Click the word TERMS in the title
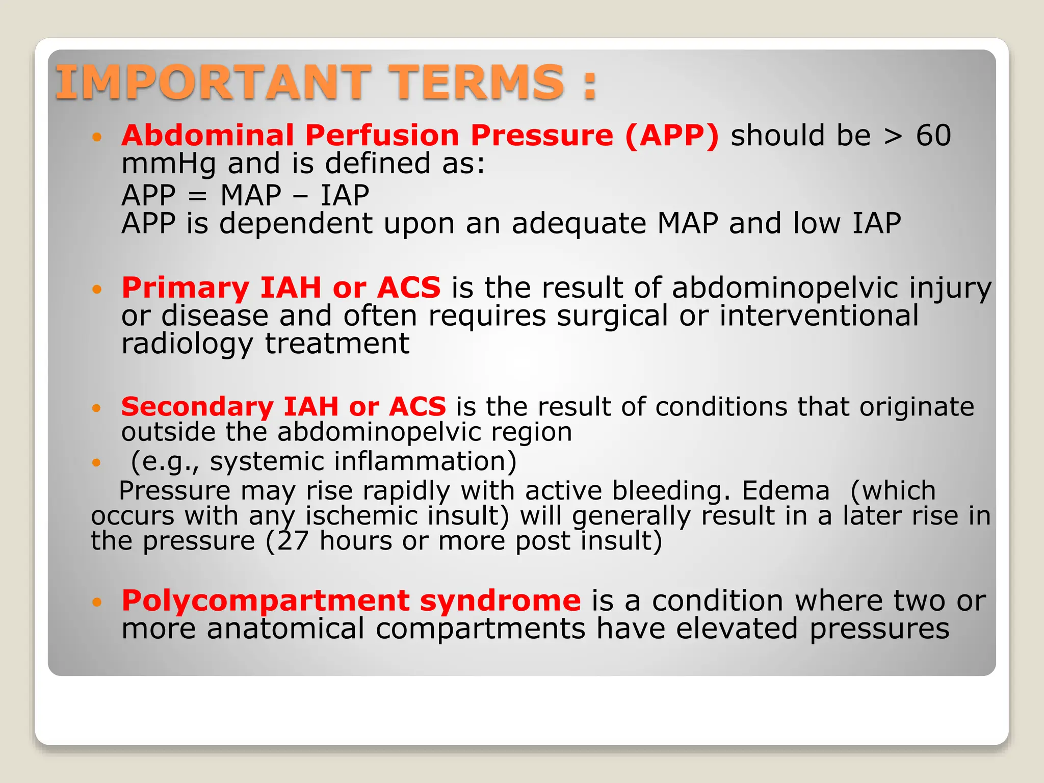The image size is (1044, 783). click(478, 82)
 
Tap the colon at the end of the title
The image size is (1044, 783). click(590, 86)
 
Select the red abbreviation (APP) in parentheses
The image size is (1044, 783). click(672, 136)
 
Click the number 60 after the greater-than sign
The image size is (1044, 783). click(933, 136)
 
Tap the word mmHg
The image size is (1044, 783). click(169, 165)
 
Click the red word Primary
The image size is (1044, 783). click(185, 289)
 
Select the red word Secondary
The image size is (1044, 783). click(197, 407)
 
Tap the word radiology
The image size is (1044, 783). click(187, 344)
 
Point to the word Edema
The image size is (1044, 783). click(786, 491)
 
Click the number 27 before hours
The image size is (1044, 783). click(293, 541)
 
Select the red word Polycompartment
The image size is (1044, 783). click(265, 601)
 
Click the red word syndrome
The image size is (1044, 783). click(500, 601)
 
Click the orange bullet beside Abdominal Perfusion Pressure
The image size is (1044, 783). click(97, 137)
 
